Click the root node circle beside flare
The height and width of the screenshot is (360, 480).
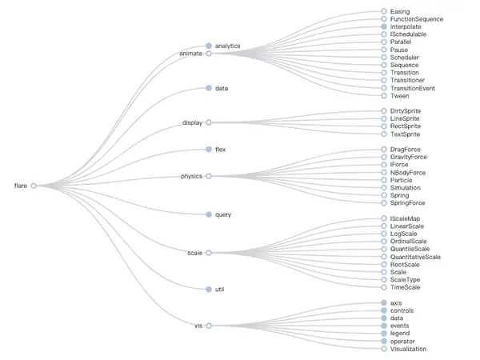click(34, 186)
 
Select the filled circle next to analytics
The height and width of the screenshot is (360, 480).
click(209, 46)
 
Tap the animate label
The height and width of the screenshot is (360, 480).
click(190, 54)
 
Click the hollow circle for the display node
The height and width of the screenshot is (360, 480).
click(209, 122)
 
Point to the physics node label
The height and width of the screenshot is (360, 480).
click(191, 176)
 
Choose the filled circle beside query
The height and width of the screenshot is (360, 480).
click(209, 214)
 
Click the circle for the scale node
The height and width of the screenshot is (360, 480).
click(209, 253)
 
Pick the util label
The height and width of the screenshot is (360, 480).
click(219, 290)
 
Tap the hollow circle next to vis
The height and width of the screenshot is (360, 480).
click(209, 326)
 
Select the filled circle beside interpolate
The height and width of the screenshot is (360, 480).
click(384, 26)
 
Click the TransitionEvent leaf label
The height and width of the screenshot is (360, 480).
click(413, 89)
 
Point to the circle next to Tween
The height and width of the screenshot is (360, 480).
click(384, 96)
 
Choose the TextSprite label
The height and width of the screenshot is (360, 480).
click(405, 134)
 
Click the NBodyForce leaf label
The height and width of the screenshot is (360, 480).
click(408, 173)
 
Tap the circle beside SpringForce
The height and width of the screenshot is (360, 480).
click(384, 203)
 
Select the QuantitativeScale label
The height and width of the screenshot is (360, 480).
click(415, 257)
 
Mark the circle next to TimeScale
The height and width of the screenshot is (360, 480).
click(384, 287)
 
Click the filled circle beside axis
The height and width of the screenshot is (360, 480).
click(384, 302)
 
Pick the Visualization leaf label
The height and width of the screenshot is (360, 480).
click(408, 349)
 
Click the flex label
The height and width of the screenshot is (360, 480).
click(221, 150)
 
